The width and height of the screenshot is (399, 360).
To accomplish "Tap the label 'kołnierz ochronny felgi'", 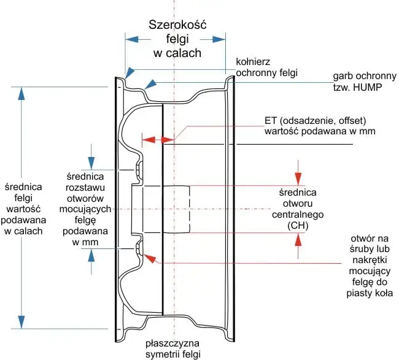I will (266, 67).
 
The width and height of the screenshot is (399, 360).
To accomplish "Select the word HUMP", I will (368, 87).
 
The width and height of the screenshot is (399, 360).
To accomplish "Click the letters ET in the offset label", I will (271, 120).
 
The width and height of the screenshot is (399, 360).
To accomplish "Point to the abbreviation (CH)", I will (296, 226).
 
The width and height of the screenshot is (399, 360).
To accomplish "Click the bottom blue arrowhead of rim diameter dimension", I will (22, 323).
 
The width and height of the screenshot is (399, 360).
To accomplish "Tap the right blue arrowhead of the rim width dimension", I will (219, 39).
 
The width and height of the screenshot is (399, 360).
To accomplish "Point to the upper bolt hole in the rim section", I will (139, 169).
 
